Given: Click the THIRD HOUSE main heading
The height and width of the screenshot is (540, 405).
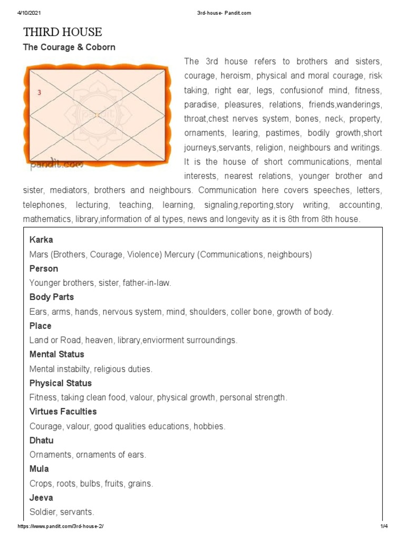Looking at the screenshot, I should click(x=62, y=32).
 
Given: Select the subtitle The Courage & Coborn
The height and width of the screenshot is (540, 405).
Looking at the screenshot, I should click(x=69, y=47).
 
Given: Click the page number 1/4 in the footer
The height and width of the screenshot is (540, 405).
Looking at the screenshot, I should click(x=383, y=527).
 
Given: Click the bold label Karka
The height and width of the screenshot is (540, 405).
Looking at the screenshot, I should click(x=41, y=240).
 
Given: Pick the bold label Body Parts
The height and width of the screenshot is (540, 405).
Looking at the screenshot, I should click(x=52, y=297).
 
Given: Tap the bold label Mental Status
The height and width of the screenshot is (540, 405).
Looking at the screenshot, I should click(x=57, y=354).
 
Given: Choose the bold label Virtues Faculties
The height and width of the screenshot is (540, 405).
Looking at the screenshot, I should click(x=63, y=411).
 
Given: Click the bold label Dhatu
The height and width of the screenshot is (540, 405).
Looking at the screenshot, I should click(x=42, y=440).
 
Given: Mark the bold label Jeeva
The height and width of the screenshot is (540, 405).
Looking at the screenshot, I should click(x=41, y=497).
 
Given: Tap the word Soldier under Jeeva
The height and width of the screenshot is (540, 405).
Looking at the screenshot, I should click(x=43, y=512).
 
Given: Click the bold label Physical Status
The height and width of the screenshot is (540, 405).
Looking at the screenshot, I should click(x=61, y=383).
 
